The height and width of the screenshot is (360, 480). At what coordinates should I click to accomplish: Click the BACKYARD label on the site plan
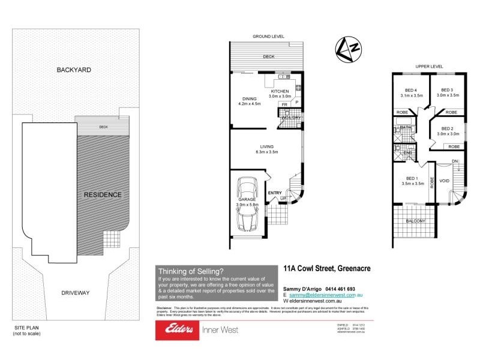click(74, 70)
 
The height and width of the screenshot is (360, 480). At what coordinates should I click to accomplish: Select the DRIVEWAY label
click(75, 293)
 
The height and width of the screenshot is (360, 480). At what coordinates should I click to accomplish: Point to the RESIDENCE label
click(102, 194)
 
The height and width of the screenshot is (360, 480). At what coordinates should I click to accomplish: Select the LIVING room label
click(267, 146)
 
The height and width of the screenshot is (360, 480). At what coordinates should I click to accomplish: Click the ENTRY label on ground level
click(275, 193)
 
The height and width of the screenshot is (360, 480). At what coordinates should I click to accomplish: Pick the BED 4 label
click(412, 90)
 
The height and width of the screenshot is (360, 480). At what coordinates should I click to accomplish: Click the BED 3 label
click(447, 90)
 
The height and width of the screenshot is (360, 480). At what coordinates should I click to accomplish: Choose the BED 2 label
click(447, 129)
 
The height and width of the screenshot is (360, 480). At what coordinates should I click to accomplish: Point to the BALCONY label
click(415, 221)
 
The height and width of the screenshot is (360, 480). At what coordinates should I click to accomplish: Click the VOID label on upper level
click(444, 180)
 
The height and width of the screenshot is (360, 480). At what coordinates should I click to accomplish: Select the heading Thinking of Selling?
click(191, 271)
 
